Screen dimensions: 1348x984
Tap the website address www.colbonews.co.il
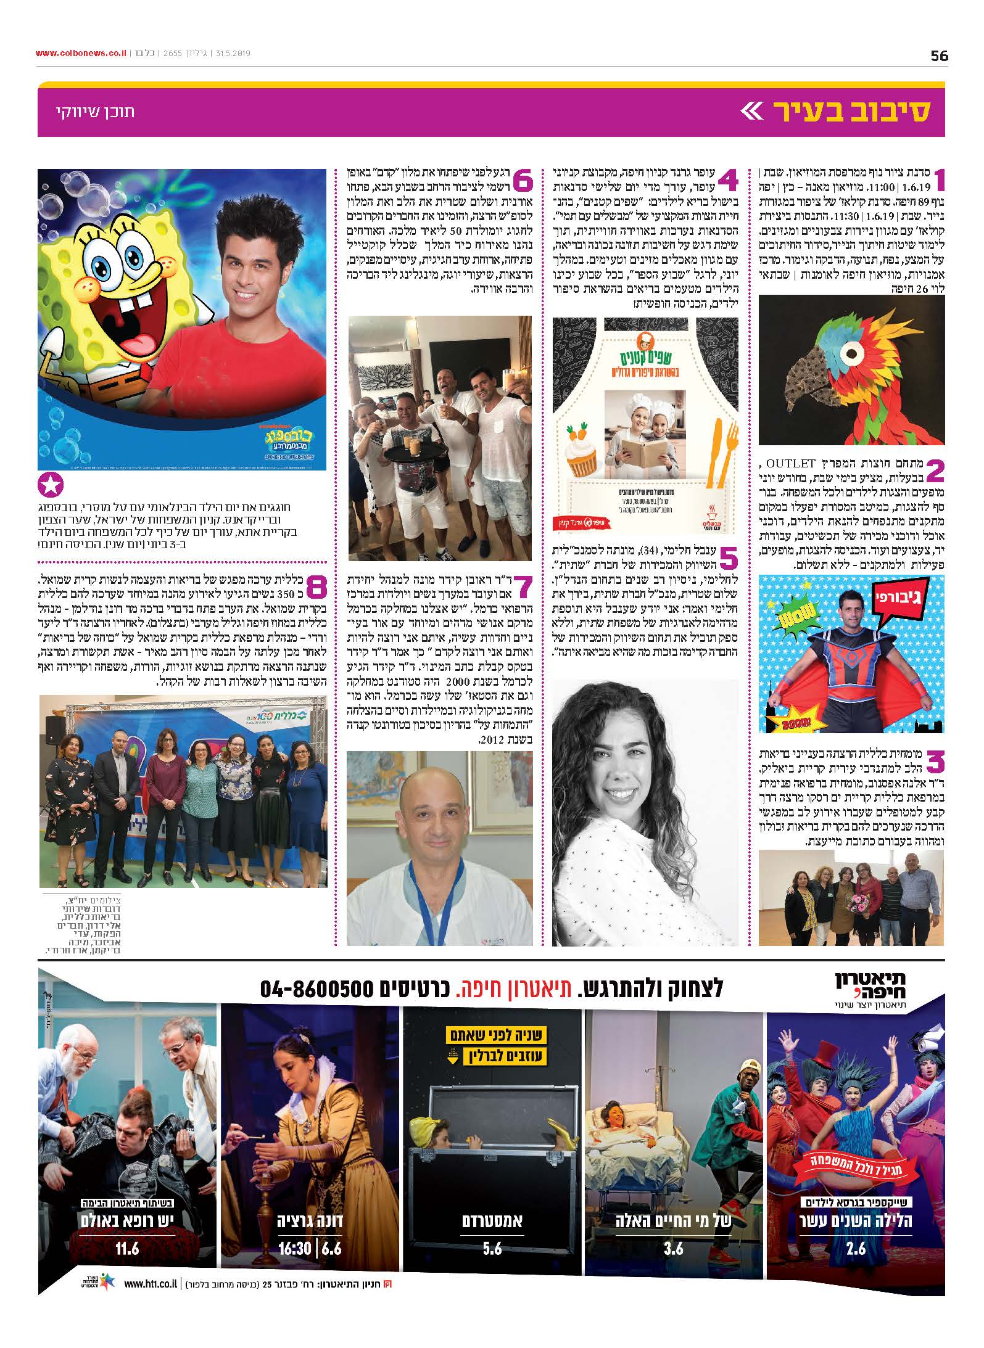pos(80,54)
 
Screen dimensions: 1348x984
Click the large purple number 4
pos(727,181)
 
